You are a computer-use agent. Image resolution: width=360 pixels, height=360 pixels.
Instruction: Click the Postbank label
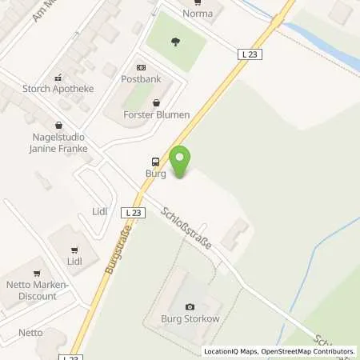tap(140, 80)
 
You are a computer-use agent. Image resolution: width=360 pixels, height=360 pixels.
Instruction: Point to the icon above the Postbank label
tap(141, 68)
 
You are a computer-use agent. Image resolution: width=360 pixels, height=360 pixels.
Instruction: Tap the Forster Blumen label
tap(157, 114)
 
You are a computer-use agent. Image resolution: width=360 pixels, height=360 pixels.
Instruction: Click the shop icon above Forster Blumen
tap(156, 102)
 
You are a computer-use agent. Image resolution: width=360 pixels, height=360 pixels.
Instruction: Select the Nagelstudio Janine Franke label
tap(59, 142)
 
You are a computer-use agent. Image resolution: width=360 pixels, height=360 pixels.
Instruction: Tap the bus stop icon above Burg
tap(155, 160)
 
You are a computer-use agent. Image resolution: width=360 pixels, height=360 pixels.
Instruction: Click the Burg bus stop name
tap(155, 172)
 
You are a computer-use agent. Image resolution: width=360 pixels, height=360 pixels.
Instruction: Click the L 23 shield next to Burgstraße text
tap(134, 213)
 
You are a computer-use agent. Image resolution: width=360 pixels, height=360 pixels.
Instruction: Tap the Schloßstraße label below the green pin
tap(186, 228)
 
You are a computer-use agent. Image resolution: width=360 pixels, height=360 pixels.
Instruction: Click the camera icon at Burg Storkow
tap(190, 307)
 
